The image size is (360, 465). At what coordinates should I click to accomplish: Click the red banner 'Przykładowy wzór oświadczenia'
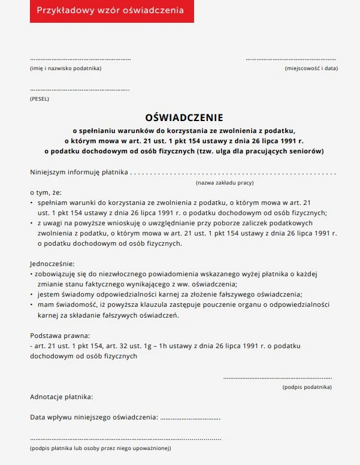click(111, 11)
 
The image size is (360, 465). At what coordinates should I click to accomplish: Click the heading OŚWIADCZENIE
click(184, 118)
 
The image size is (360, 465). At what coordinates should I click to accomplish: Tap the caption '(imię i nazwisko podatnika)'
click(66, 68)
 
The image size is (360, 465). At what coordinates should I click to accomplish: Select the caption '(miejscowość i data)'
click(311, 68)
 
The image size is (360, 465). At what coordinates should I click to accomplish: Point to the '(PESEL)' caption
click(40, 99)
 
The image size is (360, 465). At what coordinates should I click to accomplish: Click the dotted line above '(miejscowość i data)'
click(291, 59)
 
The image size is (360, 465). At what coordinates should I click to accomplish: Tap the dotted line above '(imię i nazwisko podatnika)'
click(80, 59)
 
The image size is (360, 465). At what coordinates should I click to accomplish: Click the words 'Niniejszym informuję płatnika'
click(79, 173)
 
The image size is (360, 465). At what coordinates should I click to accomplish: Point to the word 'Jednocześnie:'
click(53, 264)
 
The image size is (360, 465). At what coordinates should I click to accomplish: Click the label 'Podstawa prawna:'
click(60, 336)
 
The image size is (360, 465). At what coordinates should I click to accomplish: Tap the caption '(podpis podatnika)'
click(307, 388)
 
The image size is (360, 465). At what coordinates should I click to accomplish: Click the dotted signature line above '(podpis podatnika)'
click(277, 378)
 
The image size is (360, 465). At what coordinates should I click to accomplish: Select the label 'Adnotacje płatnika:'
click(62, 397)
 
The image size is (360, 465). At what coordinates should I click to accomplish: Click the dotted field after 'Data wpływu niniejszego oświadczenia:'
click(190, 417)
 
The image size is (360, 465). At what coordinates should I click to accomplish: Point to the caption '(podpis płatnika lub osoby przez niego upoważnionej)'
click(101, 448)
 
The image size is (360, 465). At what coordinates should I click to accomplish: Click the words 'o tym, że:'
click(46, 193)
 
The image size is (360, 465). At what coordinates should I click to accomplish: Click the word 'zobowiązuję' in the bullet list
click(58, 274)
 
